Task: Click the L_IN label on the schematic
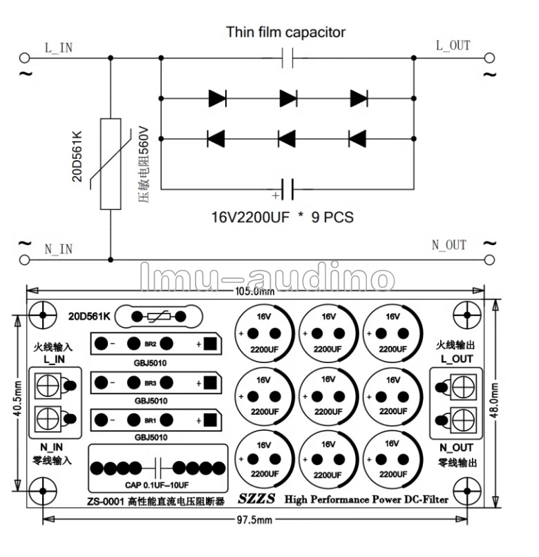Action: [x=59, y=48]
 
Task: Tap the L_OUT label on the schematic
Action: [x=453, y=46]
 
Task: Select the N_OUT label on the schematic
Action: [x=448, y=245]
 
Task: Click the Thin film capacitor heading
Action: [x=285, y=32]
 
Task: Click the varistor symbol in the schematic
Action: [x=111, y=163]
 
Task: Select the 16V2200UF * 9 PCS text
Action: [x=282, y=217]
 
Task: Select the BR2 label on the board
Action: [x=151, y=344]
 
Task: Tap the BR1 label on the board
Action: [x=151, y=420]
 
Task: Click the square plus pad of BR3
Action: [x=211, y=382]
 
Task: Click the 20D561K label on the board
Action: [x=88, y=316]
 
